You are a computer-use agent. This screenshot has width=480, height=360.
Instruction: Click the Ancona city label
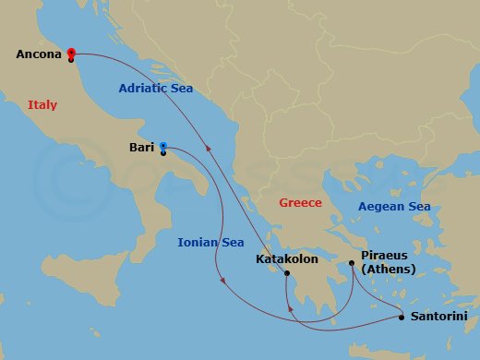click(x=38, y=54)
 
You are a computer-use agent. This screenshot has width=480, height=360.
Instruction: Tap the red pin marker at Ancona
click(x=71, y=54)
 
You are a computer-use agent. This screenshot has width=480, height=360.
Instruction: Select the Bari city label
click(x=142, y=146)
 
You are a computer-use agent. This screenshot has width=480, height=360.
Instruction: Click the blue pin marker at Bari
click(x=163, y=146)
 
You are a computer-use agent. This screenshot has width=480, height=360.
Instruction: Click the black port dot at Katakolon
click(x=287, y=273)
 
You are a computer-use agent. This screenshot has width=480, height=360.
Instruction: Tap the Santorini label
click(x=438, y=317)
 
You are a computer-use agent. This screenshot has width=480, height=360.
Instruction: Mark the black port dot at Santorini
click(x=401, y=318)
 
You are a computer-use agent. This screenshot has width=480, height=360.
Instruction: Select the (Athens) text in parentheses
click(x=388, y=270)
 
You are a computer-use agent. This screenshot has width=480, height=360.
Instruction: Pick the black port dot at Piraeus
click(x=352, y=263)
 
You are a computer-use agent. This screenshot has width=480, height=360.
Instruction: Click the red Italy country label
click(x=42, y=105)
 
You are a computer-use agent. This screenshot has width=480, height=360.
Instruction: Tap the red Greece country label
click(x=300, y=203)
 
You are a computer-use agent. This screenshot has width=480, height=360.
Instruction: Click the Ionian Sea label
click(x=210, y=243)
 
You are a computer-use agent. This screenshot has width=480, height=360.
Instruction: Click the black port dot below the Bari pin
click(x=163, y=153)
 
